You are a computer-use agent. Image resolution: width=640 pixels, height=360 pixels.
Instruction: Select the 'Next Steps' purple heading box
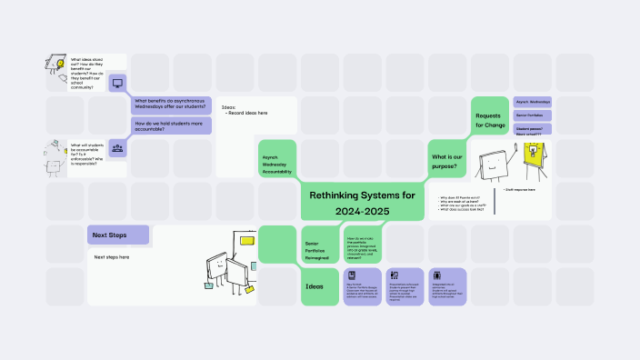click(118, 235)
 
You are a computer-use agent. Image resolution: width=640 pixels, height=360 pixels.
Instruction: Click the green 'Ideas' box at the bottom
click(319, 287)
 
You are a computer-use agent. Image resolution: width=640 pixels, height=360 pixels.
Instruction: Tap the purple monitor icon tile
click(117, 83)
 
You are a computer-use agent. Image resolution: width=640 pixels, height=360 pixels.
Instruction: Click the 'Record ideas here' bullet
click(246, 113)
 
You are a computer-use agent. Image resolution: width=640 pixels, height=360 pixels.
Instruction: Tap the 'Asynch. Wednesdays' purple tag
click(534, 102)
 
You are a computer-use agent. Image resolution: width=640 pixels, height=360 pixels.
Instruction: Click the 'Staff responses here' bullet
click(522, 190)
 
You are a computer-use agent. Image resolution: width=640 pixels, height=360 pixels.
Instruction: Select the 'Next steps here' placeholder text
click(112, 257)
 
